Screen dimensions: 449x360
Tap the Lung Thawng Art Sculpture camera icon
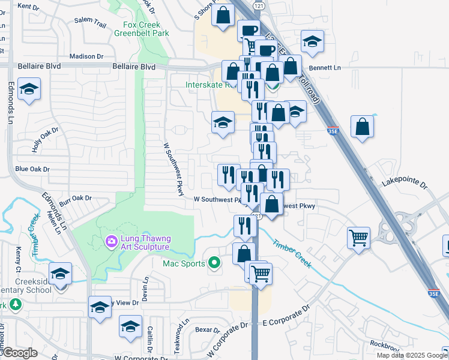tap(111, 242)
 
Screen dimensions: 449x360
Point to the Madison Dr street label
tap(86, 56)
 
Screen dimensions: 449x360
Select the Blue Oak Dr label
tap(32, 169)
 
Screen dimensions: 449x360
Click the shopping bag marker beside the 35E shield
tap(363, 127)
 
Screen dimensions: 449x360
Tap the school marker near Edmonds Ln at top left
tap(29, 89)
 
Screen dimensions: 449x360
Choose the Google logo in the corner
tap(19, 353)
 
